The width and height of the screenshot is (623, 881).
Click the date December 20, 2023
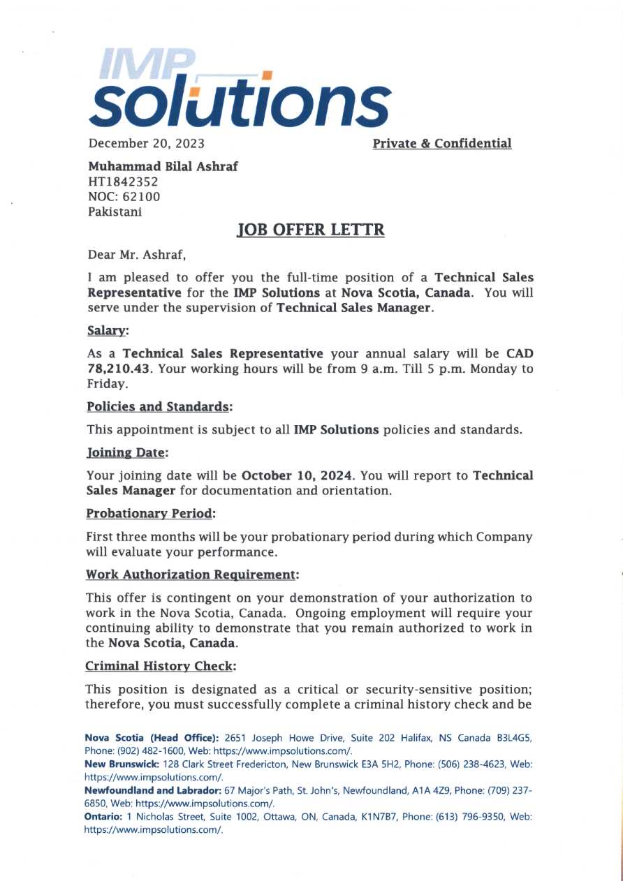point(146,144)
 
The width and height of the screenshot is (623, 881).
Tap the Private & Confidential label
point(442,144)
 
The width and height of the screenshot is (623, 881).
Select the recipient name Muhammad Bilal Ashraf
point(163,168)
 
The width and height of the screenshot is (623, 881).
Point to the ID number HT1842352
point(123,182)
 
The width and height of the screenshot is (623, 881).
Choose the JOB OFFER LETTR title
point(311,230)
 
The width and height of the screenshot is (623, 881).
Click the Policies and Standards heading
point(159,406)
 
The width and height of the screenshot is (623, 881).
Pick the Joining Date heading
point(127,452)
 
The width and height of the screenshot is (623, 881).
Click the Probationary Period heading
point(151,514)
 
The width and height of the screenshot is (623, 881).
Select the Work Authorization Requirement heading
point(192,575)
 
